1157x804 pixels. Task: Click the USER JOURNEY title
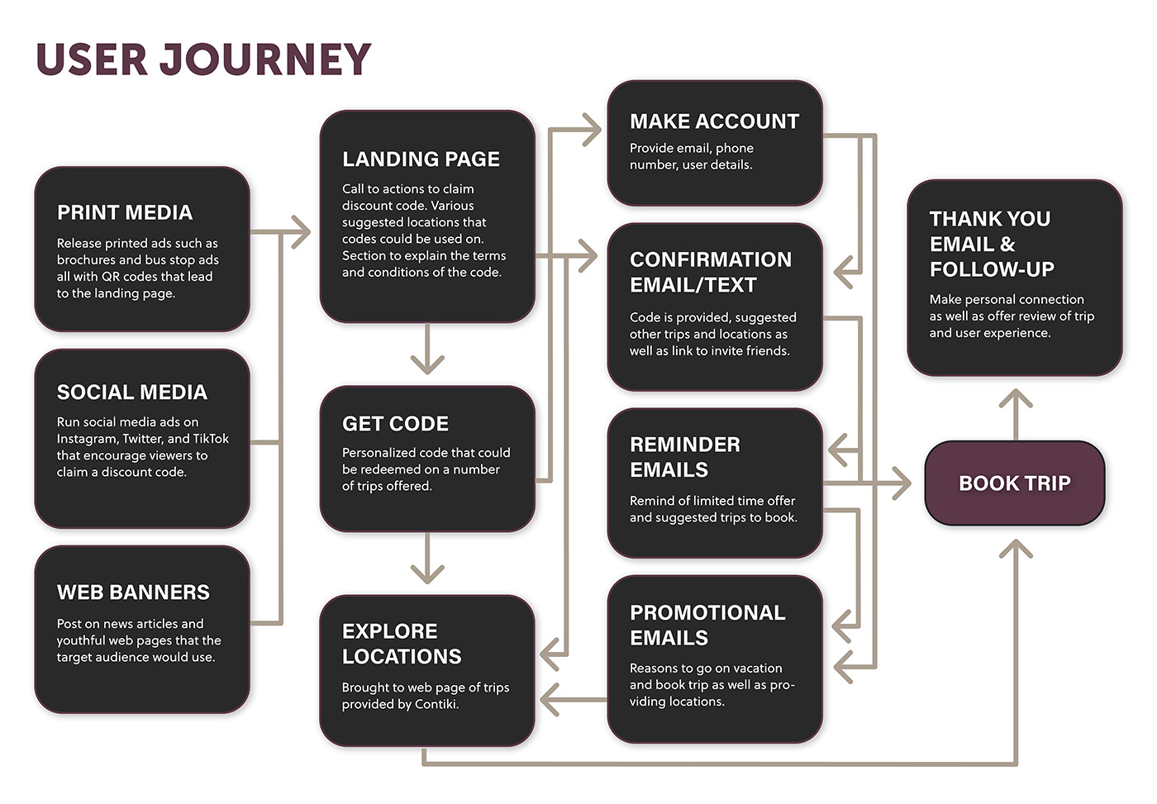[203, 59]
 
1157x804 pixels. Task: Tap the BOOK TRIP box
[1015, 483]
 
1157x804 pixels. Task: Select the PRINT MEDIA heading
[125, 212]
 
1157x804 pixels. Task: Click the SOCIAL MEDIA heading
[131, 392]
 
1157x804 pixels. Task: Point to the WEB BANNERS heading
[133, 592]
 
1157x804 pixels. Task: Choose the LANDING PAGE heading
[421, 159]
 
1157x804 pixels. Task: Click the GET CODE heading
[395, 424]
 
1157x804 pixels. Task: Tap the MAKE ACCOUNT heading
[714, 121]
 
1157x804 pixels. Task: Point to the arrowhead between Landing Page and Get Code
[427, 364]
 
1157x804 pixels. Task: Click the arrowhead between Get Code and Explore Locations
[427, 573]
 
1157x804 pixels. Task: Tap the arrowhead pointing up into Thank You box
[1016, 398]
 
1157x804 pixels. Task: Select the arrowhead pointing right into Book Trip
[902, 483]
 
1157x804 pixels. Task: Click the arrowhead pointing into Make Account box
[592, 130]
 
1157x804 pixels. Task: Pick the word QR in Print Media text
[111, 277]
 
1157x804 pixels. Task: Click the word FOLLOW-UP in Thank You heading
[992, 269]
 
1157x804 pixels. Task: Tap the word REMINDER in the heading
[685, 445]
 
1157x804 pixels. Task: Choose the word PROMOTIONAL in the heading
[707, 613]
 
